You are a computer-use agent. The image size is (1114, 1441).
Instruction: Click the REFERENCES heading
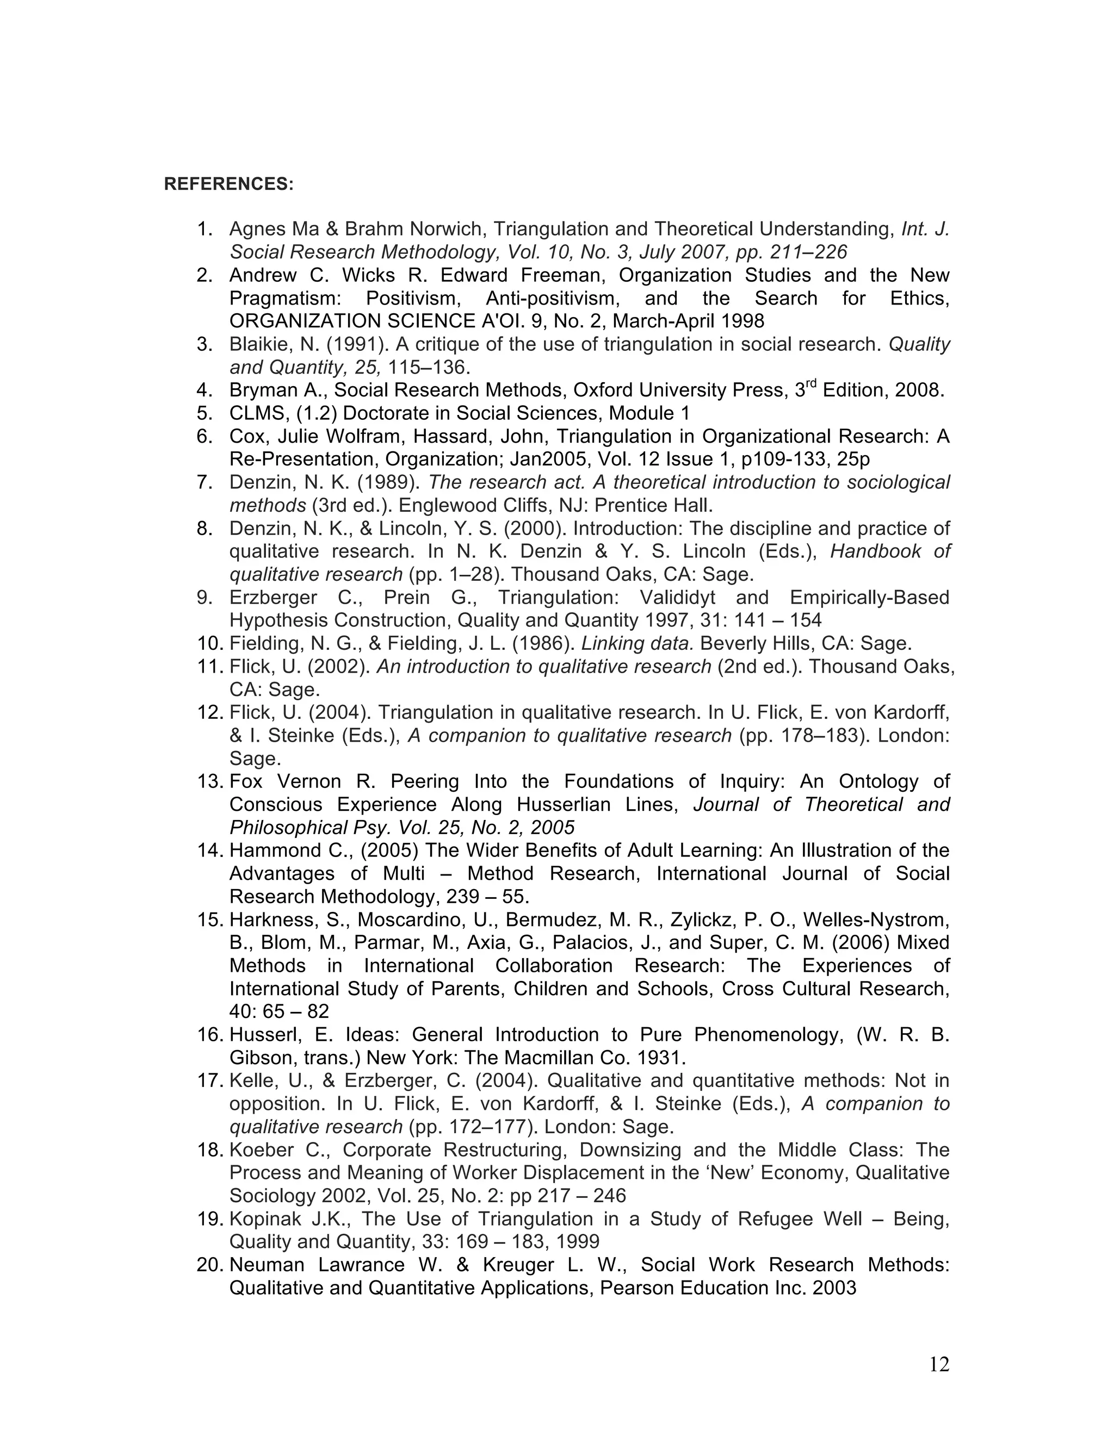pos(228,184)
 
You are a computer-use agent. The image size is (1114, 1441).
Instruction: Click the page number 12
pos(938,1364)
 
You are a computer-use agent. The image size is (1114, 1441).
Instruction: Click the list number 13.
pos(211,782)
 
